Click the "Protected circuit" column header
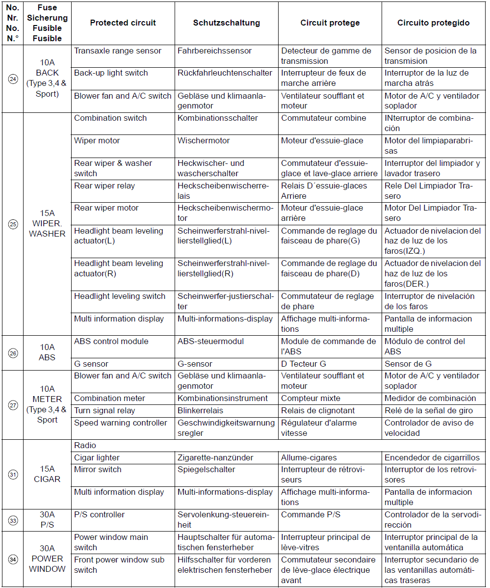(123, 23)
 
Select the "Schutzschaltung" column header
(226, 23)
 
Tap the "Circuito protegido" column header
(433, 23)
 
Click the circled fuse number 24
(13, 79)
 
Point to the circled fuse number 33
(13, 520)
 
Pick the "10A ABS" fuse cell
(47, 352)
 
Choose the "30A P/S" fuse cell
(47, 520)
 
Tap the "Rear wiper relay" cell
(104, 186)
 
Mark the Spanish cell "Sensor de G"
(408, 364)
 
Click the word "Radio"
(85, 446)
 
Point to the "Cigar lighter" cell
(97, 458)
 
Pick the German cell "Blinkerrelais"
(205, 411)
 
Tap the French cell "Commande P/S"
(310, 515)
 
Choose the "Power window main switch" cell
(111, 542)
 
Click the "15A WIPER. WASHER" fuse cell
(47, 224)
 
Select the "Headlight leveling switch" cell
(120, 296)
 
